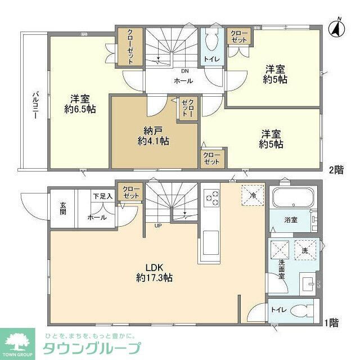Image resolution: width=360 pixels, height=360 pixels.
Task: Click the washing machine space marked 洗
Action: [305, 250]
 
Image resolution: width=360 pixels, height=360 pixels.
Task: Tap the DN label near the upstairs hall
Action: [184, 71]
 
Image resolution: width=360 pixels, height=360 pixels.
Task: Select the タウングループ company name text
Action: [92, 348]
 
